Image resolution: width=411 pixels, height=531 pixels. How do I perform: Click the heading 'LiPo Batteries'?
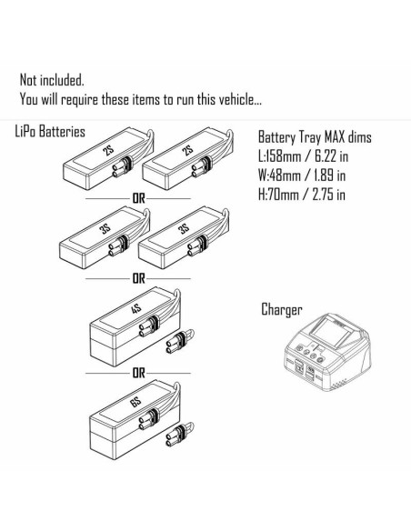point(50,132)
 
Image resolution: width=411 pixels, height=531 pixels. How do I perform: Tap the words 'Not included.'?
point(52,80)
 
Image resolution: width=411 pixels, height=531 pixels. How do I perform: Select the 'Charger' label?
point(281,309)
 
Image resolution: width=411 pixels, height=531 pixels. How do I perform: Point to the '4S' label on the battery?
point(135,309)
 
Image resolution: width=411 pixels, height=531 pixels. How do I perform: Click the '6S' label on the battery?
point(135,403)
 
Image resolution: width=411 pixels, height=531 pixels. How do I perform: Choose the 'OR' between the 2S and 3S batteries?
point(138,198)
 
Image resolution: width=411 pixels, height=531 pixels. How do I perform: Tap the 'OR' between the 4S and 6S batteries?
point(138,373)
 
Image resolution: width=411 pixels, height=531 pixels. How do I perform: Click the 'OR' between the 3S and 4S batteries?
point(138,279)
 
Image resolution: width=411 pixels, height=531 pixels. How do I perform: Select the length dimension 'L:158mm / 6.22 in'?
point(304,156)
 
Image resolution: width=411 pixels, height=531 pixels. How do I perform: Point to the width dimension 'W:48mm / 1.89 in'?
point(302,175)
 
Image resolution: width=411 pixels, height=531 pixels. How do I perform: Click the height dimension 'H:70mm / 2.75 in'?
point(302,195)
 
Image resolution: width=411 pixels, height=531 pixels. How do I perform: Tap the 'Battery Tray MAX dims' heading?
point(315,137)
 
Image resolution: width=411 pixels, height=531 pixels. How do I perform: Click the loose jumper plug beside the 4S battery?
point(179,342)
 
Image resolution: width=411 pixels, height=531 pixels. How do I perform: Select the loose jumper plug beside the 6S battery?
point(179,436)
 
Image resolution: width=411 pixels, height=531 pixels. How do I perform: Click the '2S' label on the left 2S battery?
point(109,150)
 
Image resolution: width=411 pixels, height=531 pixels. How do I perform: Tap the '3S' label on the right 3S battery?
point(184,229)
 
